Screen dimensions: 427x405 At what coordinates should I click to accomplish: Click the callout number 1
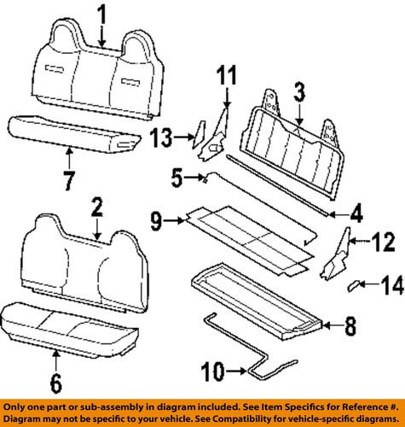click(x=102, y=14)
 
